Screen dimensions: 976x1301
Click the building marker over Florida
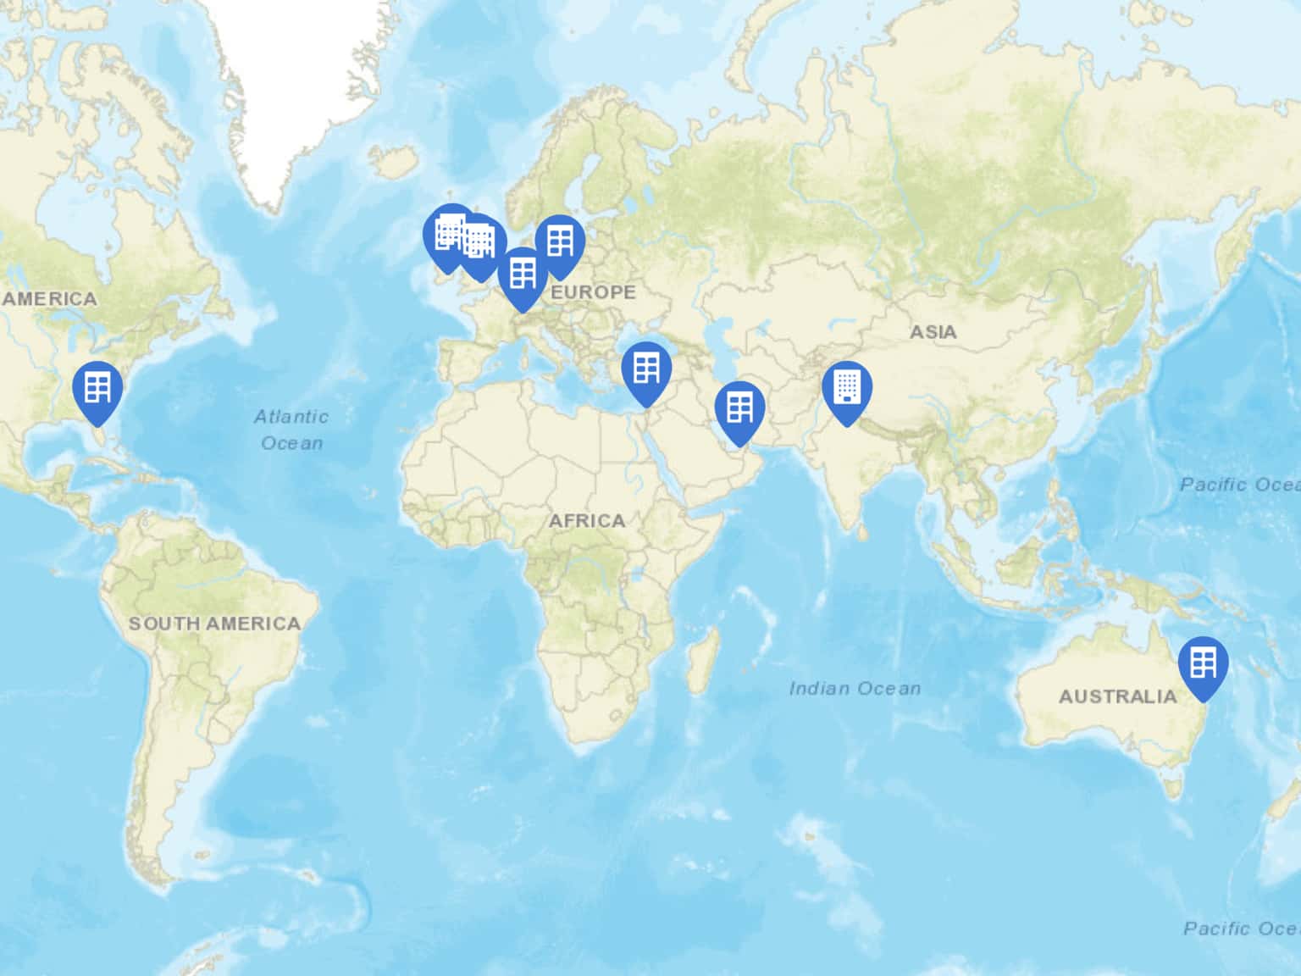click(x=97, y=389)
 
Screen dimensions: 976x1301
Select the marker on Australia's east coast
click(x=1203, y=663)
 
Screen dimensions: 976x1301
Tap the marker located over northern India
click(x=846, y=388)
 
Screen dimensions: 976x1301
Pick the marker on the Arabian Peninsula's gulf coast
click(x=739, y=409)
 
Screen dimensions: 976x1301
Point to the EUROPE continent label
click(x=593, y=292)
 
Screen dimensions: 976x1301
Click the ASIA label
click(x=933, y=332)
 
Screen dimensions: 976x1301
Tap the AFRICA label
click(x=586, y=520)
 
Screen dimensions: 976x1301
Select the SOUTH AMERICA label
click(x=214, y=624)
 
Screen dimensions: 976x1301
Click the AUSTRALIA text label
click(x=1117, y=696)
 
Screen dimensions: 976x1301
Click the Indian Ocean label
click(x=854, y=688)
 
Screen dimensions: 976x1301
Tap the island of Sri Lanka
click(x=861, y=531)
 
